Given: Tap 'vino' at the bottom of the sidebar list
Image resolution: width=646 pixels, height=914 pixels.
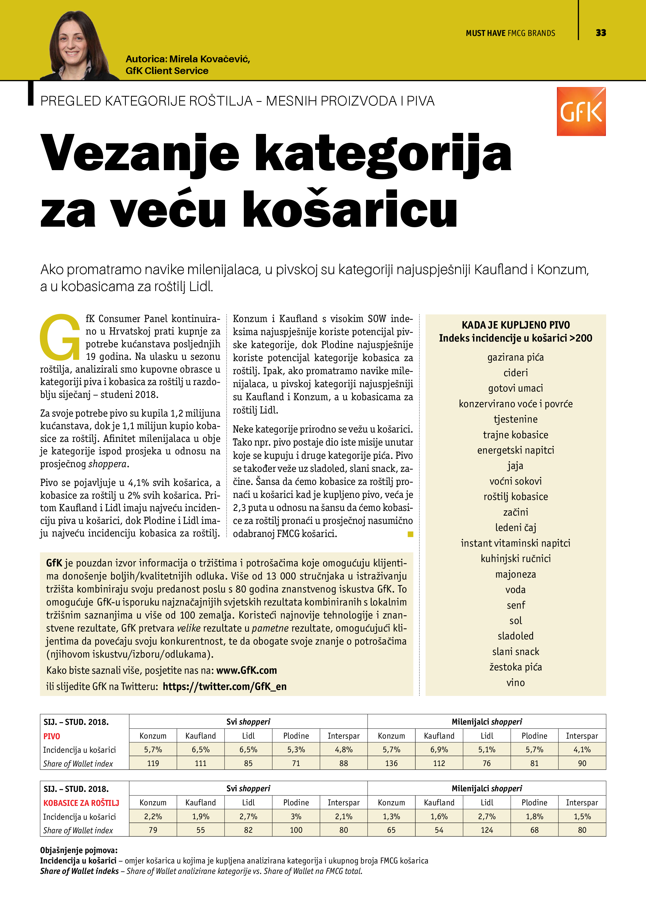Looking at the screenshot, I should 515,683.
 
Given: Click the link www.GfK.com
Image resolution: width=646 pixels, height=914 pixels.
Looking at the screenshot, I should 246,670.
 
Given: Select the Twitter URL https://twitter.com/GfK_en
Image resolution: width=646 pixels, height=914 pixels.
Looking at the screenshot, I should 225,686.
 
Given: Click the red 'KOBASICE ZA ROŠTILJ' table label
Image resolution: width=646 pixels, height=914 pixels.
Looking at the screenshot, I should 81,803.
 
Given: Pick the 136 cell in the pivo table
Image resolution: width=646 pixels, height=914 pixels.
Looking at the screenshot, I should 391,763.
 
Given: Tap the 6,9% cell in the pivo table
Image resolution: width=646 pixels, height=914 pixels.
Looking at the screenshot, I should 439,750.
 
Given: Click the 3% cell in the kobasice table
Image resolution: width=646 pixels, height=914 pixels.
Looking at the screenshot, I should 296,817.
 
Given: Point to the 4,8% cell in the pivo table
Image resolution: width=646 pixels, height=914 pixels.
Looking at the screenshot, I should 344,750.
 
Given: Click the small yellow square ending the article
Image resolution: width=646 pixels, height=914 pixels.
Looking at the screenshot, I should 410,534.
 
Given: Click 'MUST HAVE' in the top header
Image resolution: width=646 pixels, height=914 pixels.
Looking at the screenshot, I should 485,33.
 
